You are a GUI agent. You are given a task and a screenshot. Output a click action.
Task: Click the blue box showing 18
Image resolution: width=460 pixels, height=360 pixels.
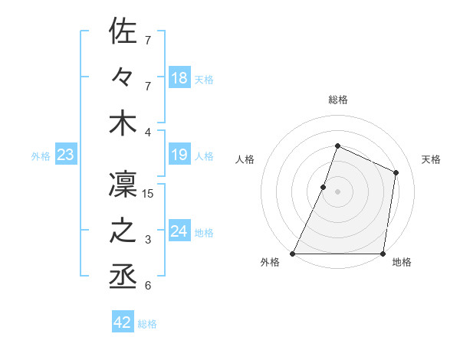pyautogui.click(x=179, y=78)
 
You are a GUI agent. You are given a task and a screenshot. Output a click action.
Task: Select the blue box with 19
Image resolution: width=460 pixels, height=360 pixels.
pyautogui.click(x=179, y=155)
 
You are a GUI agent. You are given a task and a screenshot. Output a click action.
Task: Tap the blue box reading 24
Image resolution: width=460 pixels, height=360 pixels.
pyautogui.click(x=179, y=232)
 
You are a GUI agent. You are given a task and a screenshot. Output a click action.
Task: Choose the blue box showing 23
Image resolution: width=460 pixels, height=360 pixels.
pyautogui.click(x=66, y=155)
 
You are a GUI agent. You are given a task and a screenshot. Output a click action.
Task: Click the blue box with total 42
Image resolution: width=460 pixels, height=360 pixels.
pyautogui.click(x=123, y=322)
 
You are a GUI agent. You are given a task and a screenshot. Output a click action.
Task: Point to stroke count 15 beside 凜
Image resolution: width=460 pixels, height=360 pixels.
pyautogui.click(x=149, y=194)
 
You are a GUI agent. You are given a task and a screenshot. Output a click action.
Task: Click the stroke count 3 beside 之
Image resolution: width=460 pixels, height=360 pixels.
pyautogui.click(x=149, y=240)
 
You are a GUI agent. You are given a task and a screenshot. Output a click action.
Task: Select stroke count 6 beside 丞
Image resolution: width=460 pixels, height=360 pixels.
pyautogui.click(x=149, y=286)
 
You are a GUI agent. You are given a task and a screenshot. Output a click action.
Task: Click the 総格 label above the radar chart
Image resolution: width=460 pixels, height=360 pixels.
pyautogui.click(x=337, y=100)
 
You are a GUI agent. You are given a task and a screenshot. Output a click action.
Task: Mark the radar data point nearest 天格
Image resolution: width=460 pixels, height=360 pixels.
pyautogui.click(x=396, y=172)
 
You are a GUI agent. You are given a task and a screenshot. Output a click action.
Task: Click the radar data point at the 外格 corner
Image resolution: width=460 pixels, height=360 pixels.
pyautogui.click(x=293, y=254)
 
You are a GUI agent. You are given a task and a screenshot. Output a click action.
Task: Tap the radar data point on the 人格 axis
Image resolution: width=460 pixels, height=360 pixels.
pyautogui.click(x=324, y=187)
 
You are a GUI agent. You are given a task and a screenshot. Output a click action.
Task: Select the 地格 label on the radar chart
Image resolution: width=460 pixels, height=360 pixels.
pyautogui.click(x=402, y=263)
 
